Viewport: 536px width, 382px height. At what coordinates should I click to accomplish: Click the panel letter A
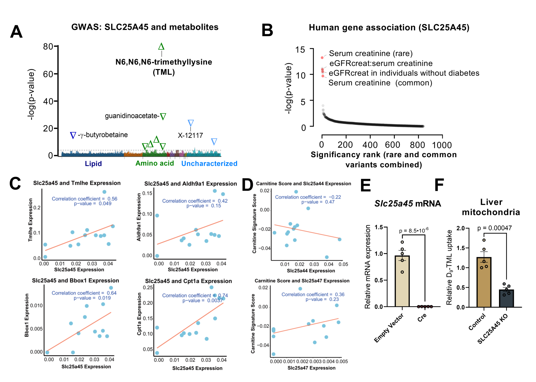click(x=16, y=32)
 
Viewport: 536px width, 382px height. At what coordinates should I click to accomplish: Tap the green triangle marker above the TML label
click(x=161, y=47)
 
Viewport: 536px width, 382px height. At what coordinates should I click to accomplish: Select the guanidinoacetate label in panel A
click(x=131, y=116)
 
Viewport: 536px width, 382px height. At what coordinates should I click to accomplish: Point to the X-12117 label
click(x=190, y=136)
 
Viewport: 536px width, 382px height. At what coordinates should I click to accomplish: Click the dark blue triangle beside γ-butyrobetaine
click(x=73, y=135)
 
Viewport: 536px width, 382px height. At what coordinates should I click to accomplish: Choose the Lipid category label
click(x=93, y=163)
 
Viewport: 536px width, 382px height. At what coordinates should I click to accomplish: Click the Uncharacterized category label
click(x=209, y=163)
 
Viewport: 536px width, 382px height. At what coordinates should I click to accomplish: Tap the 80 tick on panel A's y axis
click(x=48, y=47)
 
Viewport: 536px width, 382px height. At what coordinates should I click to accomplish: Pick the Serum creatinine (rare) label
click(x=371, y=53)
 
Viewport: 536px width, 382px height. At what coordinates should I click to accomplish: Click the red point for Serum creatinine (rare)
click(x=322, y=58)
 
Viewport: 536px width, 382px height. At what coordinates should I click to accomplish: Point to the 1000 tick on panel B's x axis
click(x=442, y=145)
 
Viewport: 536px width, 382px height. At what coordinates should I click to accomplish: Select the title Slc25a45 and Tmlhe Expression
click(x=77, y=183)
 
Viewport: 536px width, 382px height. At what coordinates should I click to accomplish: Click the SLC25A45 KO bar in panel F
click(x=506, y=298)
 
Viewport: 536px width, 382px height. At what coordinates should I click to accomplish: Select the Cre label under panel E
click(x=422, y=317)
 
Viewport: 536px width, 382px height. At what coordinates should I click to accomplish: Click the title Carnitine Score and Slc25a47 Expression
click(x=302, y=281)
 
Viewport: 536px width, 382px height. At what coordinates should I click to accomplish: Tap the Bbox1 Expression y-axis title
click(x=27, y=315)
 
